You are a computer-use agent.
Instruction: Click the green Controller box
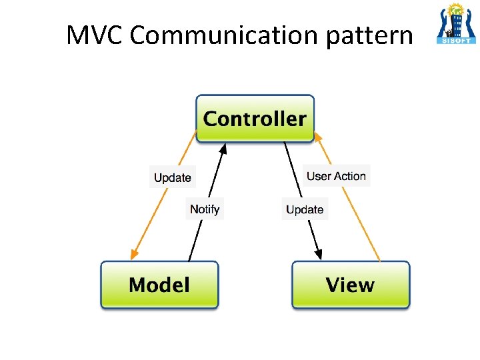[255, 119]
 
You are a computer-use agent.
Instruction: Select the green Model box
[159, 285]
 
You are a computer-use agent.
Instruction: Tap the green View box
[351, 285]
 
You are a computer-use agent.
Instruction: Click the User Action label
[336, 176]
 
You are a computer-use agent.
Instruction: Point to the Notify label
[205, 209]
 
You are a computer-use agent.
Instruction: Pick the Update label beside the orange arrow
[173, 177]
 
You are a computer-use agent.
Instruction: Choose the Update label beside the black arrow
[305, 209]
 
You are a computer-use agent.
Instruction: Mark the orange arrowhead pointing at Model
[133, 254]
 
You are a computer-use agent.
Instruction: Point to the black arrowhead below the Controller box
[224, 148]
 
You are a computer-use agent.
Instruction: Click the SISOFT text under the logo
[455, 39]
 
